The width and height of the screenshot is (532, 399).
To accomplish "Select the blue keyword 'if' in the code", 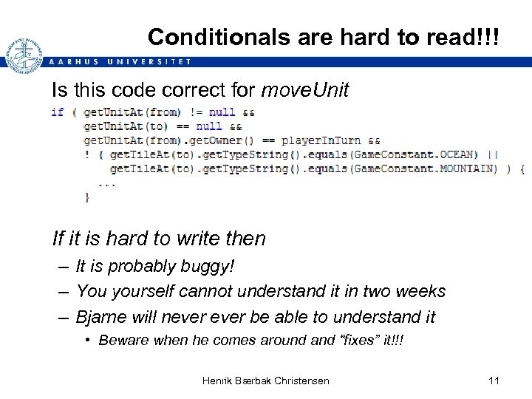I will click(57, 112).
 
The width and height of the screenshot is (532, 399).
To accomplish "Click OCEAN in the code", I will click(459, 154).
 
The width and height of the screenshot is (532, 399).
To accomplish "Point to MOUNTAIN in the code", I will click(468, 168).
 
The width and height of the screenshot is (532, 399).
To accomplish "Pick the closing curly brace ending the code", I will click(87, 197).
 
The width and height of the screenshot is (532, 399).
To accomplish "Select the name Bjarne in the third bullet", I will click(103, 317).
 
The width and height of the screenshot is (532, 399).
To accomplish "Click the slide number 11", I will click(494, 381).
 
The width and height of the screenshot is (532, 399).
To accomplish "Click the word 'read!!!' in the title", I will click(463, 36).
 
